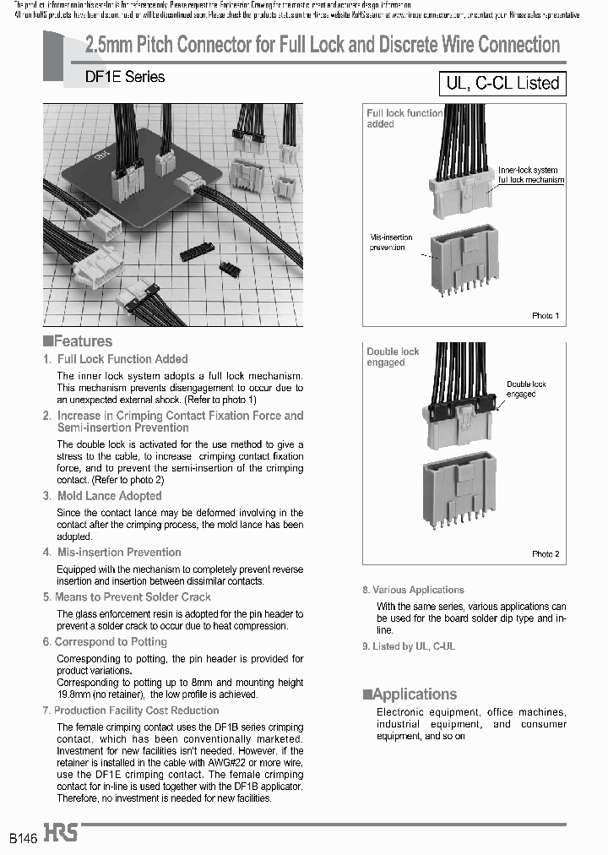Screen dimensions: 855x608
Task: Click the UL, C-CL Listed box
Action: pos(501,83)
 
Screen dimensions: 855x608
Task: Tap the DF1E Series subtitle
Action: pos(125,77)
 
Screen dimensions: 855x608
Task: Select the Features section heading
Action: pos(78,341)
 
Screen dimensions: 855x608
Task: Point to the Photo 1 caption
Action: pos(545,315)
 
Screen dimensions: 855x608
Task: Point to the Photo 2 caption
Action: pos(545,554)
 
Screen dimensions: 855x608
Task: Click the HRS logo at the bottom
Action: pos(62,833)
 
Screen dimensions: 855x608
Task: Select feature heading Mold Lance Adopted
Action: pos(108,496)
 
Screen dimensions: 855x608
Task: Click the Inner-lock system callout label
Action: pos(530,175)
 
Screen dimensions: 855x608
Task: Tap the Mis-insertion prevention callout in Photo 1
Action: pos(391,242)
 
